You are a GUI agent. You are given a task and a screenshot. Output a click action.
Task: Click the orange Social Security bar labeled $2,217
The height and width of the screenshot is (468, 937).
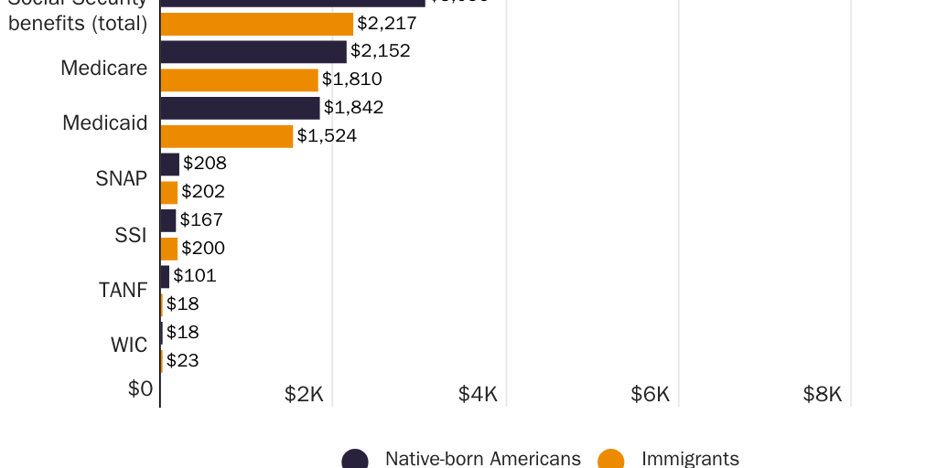tap(256, 24)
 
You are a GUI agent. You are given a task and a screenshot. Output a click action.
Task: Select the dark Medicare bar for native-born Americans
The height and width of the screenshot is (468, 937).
tap(253, 52)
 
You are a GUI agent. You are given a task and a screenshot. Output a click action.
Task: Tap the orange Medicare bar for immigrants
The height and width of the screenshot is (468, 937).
tap(239, 80)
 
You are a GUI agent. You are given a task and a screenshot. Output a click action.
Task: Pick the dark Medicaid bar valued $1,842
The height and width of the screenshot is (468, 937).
tap(240, 108)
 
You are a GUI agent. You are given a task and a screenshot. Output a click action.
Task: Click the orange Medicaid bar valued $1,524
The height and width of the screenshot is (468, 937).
tap(227, 136)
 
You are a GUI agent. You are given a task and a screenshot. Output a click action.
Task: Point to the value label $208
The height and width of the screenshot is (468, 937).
tap(205, 164)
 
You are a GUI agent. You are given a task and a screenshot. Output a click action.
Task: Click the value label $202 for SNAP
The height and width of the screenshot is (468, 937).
tap(203, 192)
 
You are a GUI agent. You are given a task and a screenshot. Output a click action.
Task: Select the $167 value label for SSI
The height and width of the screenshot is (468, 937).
tap(201, 220)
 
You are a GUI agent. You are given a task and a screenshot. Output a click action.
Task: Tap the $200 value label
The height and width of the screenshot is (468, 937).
tap(203, 249)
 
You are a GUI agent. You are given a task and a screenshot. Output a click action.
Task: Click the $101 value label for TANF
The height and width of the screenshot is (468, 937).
tap(195, 276)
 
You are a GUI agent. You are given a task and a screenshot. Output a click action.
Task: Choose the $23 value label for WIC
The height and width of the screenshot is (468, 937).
tap(183, 361)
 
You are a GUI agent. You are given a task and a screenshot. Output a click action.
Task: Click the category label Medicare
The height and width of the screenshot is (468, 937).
tap(103, 68)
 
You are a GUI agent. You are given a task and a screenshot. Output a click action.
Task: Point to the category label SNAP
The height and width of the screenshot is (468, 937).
tap(121, 178)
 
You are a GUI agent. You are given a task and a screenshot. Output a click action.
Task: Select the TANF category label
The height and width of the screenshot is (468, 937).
tap(123, 291)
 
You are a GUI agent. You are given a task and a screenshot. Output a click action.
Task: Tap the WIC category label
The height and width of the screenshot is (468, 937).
tap(129, 346)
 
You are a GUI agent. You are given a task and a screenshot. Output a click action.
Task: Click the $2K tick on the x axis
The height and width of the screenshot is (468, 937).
tap(304, 394)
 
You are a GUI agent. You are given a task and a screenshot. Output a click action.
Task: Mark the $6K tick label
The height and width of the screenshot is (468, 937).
tap(650, 394)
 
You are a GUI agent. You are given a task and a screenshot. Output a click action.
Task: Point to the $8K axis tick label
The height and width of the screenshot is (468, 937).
tap(822, 394)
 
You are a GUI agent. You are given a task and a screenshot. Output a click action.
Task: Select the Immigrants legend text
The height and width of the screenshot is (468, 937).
tap(690, 459)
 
